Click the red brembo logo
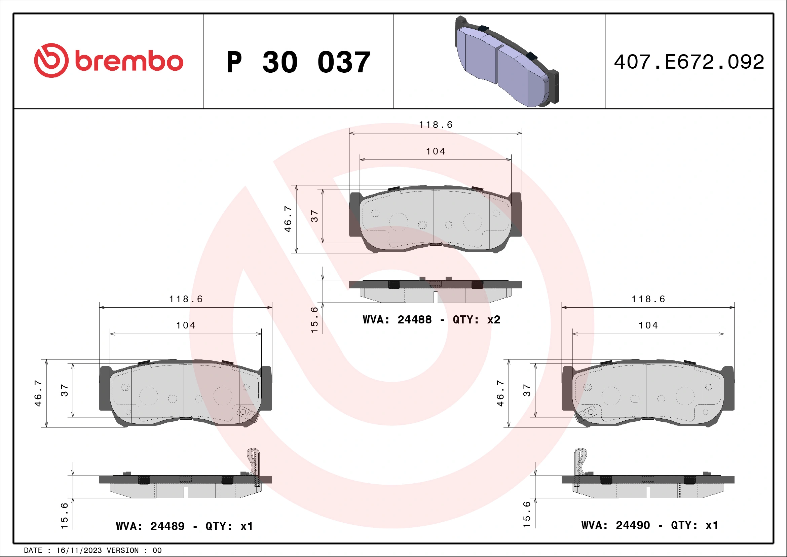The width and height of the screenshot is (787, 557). pos(108,60)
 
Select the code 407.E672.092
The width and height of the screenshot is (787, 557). pos(689,62)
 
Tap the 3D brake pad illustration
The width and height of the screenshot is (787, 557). pos(507,62)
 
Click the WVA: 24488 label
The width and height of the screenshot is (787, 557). pos(397,320)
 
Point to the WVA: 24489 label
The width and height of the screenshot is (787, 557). pos(150,526)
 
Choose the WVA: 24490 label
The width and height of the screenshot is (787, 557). pos(615,525)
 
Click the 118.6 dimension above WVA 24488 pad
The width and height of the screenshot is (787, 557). pos(436,125)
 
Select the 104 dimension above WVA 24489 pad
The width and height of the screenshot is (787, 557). pos(186,325)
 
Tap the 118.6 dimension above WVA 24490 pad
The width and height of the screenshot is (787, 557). pos(648,299)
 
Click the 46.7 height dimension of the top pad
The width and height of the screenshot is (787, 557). pos(288,219)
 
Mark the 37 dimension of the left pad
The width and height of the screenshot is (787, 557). pos(65,390)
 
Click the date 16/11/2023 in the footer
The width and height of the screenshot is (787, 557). pos(79,551)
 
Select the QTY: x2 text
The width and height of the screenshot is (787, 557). pos(477,320)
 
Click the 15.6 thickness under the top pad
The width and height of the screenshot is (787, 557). pos(314,320)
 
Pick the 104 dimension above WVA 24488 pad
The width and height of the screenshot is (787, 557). pos(436,151)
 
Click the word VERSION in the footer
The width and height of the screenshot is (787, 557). pos(122,551)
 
